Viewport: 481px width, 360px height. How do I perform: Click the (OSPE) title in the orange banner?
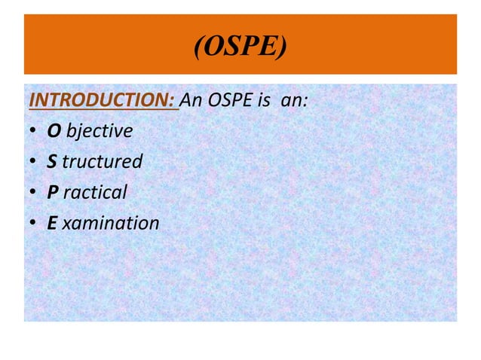pyautogui.click(x=240, y=49)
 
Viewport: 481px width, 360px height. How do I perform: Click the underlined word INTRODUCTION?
pyautogui.click(x=103, y=100)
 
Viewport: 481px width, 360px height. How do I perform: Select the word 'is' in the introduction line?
pyautogui.click(x=265, y=100)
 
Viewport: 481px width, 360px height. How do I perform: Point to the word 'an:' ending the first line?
pyautogui.click(x=294, y=100)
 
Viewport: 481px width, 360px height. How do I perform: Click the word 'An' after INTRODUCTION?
pyautogui.click(x=193, y=100)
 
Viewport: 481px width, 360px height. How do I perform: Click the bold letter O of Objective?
pyautogui.click(x=54, y=131)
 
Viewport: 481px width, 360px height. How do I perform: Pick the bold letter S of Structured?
pyautogui.click(x=53, y=162)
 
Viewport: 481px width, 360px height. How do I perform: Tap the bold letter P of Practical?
pyautogui.click(x=53, y=193)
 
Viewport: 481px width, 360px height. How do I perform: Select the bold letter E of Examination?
pyautogui.click(x=53, y=224)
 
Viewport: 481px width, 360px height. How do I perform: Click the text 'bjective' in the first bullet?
pyautogui.click(x=100, y=131)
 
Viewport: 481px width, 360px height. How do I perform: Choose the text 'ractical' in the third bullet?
pyautogui.click(x=95, y=193)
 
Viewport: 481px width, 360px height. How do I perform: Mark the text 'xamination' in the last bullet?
pyautogui.click(x=112, y=224)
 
